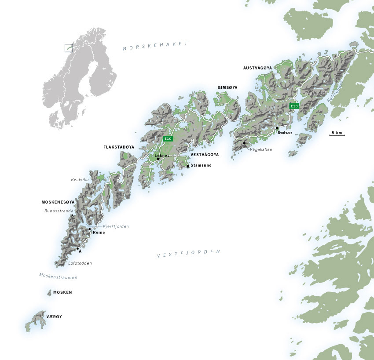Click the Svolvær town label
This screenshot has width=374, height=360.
pos(285,132)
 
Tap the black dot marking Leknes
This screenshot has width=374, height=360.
pos(158,159)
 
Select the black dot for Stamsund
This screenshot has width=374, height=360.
pos(188,166)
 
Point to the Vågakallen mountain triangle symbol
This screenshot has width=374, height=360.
pos(244,142)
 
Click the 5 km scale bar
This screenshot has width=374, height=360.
pos(337,134)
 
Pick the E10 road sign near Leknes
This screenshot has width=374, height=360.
pos(168,139)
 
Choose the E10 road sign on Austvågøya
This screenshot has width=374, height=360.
pos(294,106)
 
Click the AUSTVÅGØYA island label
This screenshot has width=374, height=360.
pos(258,68)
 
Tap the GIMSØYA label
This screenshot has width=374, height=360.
pos(227,87)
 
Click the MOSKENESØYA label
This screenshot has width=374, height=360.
pos(58,202)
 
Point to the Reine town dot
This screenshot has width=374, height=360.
pos(89,229)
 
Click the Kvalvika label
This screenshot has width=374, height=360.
pos(80,179)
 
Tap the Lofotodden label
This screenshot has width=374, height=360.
pos(80,263)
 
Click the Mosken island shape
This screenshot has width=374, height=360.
pos(49,292)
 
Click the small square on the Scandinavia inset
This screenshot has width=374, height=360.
pos(69,48)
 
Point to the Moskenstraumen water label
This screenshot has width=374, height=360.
pos(58,277)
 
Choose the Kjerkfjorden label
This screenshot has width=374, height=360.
pos(116,226)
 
